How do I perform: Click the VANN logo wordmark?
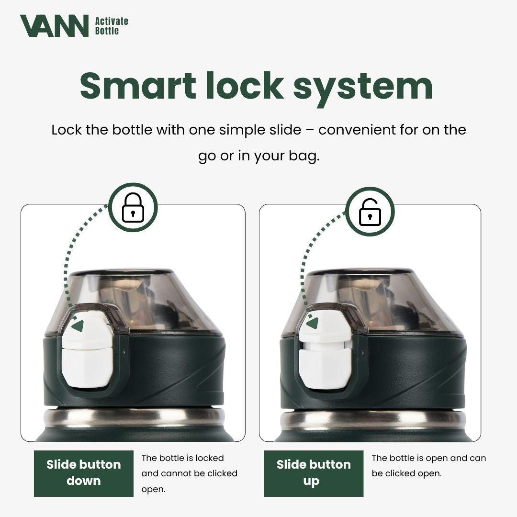[x=54, y=26]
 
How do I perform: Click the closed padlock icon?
[x=133, y=208]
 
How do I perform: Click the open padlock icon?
[x=370, y=211]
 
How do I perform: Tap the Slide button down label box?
[x=84, y=473]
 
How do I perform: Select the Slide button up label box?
[x=314, y=473]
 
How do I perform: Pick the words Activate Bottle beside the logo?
[x=112, y=26]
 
